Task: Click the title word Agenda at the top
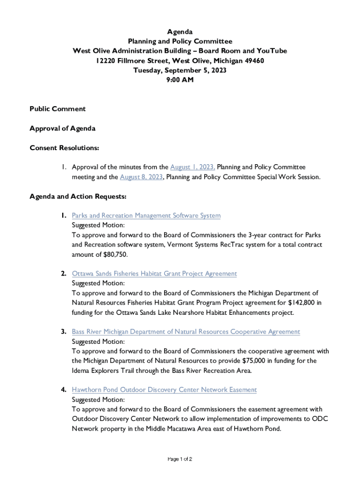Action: click(x=180, y=32)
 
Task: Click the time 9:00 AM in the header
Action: click(x=180, y=80)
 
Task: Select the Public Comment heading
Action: click(x=58, y=109)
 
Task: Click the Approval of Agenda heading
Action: click(x=63, y=129)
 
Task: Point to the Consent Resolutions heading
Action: click(x=65, y=148)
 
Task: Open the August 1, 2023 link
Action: click(x=193, y=167)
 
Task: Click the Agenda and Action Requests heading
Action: click(x=78, y=196)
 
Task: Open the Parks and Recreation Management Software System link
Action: click(x=146, y=216)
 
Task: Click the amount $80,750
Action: click(x=113, y=254)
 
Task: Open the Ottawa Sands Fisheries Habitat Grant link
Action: click(x=154, y=274)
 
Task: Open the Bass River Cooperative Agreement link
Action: click(x=186, y=332)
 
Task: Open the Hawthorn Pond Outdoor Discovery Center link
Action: click(x=164, y=390)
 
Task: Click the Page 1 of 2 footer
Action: click(x=180, y=459)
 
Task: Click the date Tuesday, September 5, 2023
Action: click(x=180, y=70)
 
